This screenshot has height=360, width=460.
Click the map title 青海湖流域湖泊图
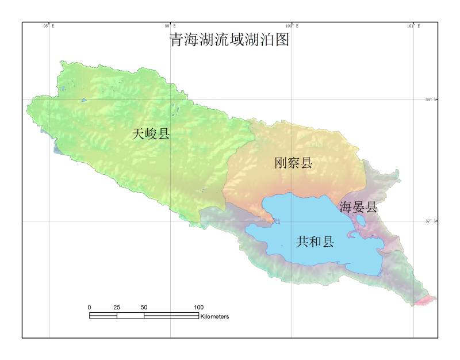tap(228, 40)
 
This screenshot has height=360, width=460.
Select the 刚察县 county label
tap(293, 163)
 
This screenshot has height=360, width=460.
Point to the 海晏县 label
tap(358, 207)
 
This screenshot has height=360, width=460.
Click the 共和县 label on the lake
tap(315, 242)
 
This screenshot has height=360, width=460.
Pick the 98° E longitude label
tap(49, 26)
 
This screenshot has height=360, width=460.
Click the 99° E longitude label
tap(170, 26)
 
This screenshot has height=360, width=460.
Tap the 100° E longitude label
tap(292, 26)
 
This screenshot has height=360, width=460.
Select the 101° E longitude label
tap(413, 26)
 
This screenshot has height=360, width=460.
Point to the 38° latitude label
tap(431, 99)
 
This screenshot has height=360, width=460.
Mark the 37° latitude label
tap(431, 221)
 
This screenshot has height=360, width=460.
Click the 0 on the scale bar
tap(89, 307)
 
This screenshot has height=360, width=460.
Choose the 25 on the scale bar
tap(117, 307)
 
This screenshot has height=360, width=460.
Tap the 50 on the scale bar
tap(144, 307)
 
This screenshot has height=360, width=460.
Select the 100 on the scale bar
tap(198, 307)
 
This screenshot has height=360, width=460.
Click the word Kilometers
tap(215, 316)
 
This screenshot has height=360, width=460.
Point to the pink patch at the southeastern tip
tap(426, 300)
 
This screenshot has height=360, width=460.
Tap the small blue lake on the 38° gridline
tap(84, 100)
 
